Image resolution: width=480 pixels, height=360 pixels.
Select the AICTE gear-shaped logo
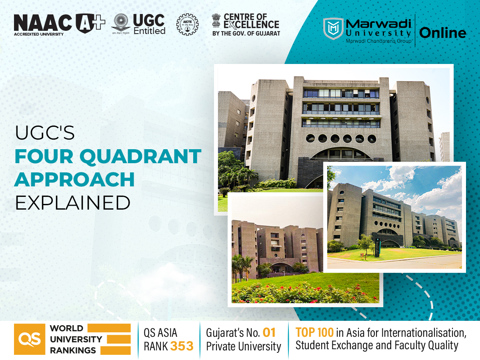[187, 25]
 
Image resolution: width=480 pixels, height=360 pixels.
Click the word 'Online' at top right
[443, 33]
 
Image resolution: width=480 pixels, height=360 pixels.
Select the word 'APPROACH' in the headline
[74, 179]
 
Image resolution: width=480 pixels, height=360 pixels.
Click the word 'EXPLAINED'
[73, 202]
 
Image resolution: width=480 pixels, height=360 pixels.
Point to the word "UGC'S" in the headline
[45, 133]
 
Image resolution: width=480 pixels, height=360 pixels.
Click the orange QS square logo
[29, 339]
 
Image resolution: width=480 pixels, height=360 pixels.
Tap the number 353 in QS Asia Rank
[182, 346]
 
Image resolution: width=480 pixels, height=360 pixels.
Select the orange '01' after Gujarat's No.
[269, 332]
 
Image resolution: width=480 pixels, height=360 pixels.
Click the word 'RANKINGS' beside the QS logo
[73, 350]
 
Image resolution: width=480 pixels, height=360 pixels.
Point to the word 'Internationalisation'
[424, 332]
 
